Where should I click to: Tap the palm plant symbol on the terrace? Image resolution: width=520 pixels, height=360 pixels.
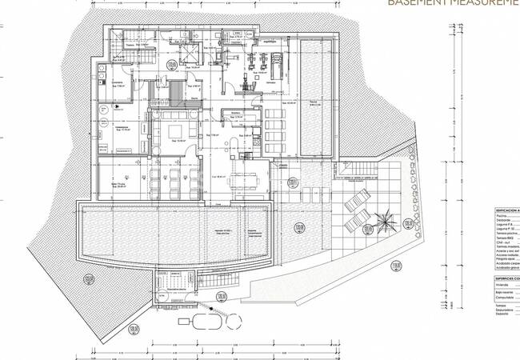pos(383,216)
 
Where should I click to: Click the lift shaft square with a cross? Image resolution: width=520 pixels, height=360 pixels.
pos(190,54)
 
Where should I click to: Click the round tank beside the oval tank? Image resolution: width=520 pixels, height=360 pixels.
pos(232,320)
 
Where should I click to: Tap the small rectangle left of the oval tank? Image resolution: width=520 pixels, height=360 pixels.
pos(186,321)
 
